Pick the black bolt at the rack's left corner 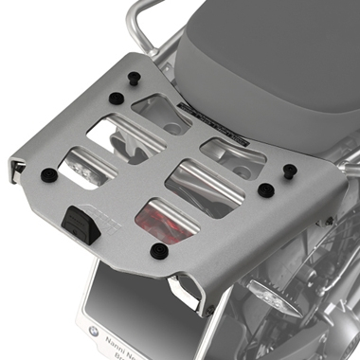pos(47,174)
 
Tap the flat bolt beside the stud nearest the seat pos(115,98)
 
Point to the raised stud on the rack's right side pos(290,171)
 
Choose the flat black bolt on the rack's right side pos(266,190)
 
